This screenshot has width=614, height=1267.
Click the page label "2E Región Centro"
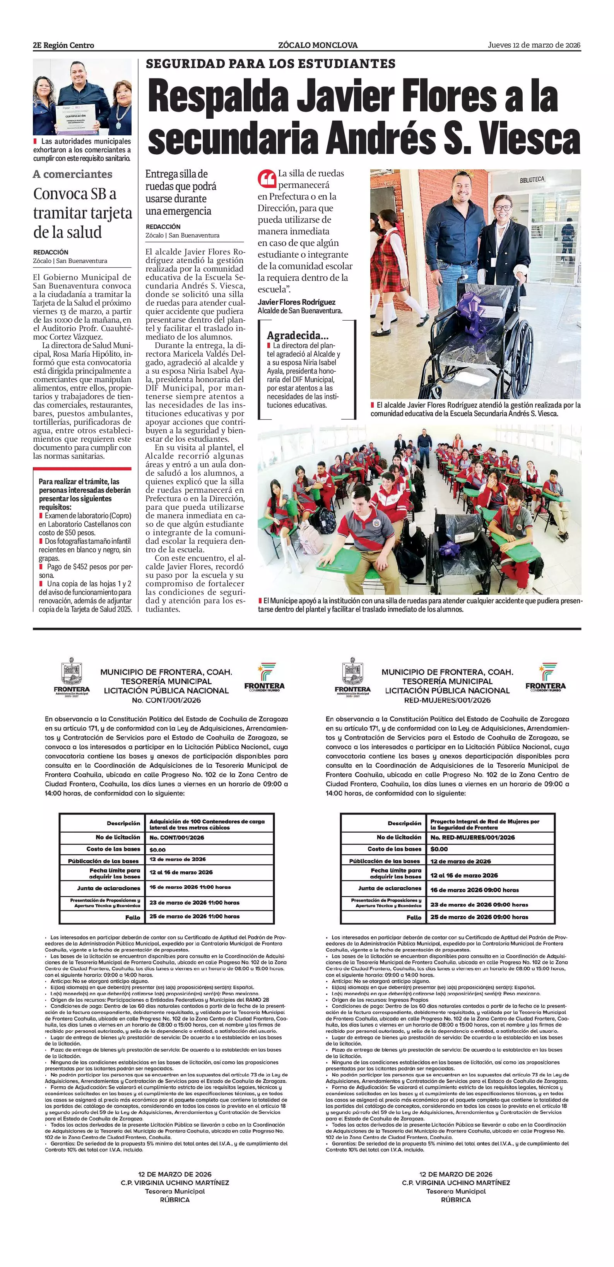point(63,45)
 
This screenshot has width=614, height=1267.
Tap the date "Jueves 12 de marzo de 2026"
point(534,45)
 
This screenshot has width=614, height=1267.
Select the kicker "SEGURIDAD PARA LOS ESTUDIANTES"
point(270,64)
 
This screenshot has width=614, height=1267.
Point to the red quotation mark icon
point(266,178)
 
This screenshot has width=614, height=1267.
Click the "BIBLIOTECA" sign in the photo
point(532,179)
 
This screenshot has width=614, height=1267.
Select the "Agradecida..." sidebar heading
point(297,336)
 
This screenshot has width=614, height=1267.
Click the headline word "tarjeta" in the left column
point(107,213)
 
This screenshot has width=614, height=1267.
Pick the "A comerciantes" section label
point(72,174)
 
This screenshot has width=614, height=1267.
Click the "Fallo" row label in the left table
point(132,917)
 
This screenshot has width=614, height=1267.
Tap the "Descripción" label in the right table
point(404,823)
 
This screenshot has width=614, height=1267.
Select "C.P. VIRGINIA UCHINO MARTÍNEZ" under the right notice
point(456,1183)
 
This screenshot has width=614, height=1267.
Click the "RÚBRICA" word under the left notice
point(174,1200)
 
